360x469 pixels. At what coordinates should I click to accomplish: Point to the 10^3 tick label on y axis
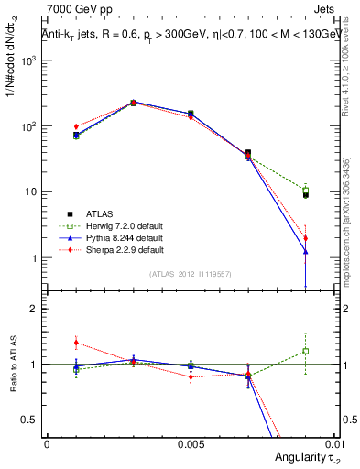coord(29,60)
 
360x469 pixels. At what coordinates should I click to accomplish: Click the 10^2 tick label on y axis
coord(29,126)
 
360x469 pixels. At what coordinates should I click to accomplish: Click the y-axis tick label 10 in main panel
coord(32,192)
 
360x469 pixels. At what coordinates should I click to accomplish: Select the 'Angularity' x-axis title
coord(296,457)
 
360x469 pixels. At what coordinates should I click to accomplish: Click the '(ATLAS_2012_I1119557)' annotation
coord(191,274)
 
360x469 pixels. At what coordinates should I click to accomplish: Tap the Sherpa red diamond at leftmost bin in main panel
coord(76,126)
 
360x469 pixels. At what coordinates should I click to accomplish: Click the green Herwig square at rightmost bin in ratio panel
coord(306,351)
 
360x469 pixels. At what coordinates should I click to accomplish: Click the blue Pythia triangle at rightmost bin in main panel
coord(306,251)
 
